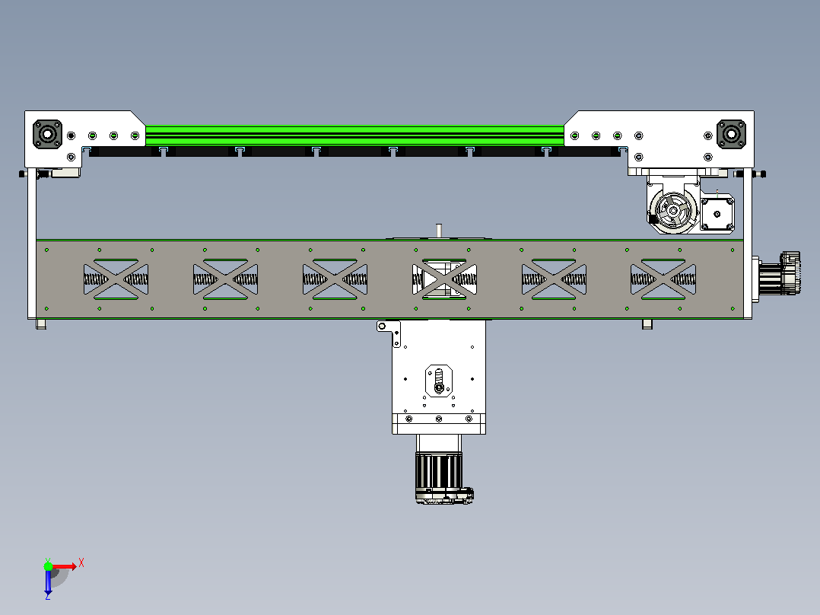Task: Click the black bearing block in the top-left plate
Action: pos(48,135)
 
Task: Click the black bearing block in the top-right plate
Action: pos(731,135)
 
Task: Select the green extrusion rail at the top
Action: pos(354,135)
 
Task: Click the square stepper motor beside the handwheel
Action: pos(717,214)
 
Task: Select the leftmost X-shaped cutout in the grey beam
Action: pos(116,279)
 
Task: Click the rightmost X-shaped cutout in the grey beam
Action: pos(663,279)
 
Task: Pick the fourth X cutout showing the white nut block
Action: pos(444,279)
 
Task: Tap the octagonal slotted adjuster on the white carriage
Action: pos(439,381)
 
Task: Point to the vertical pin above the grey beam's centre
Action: pos(439,231)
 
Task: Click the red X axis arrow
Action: pos(65,566)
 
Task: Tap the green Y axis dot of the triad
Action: pos(48,566)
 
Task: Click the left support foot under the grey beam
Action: pos(41,324)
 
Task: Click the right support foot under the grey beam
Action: pos(647,324)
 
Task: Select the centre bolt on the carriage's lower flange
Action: pos(439,419)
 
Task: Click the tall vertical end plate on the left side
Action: pos(32,244)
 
